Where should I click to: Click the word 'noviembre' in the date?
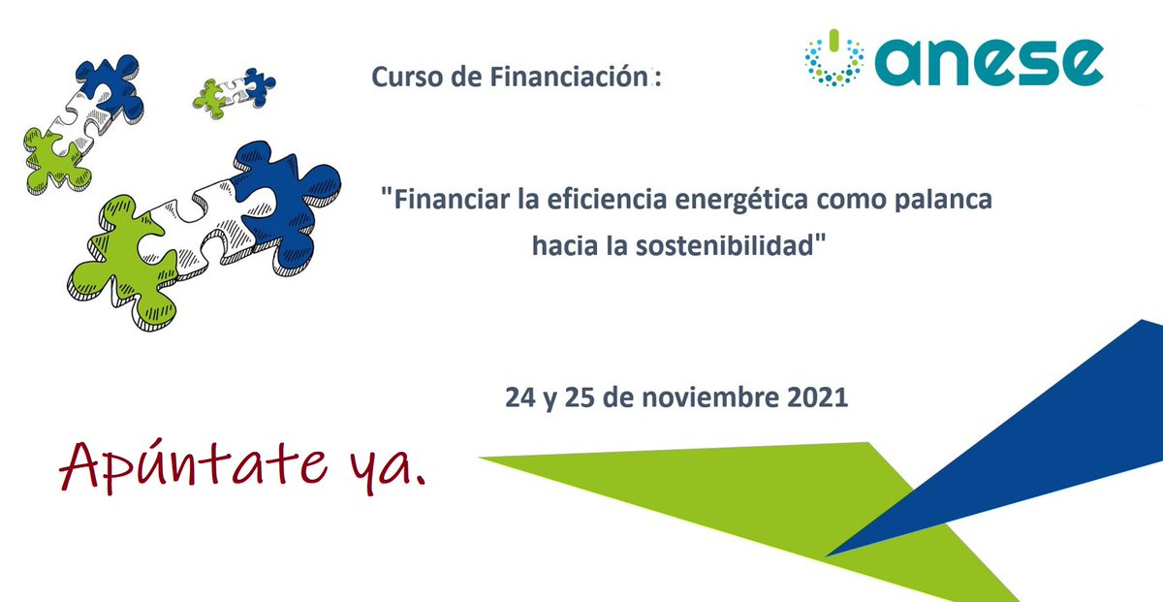click(712, 397)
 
